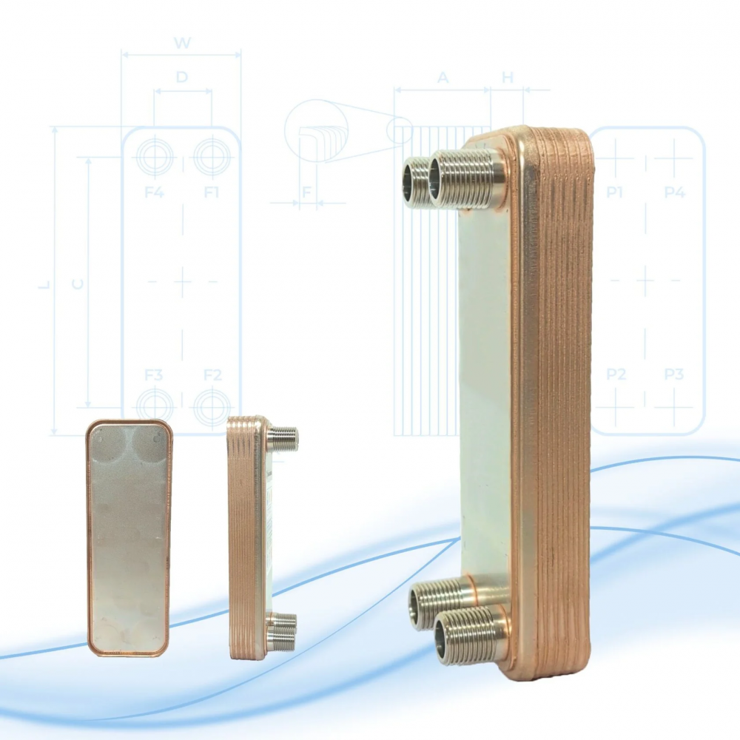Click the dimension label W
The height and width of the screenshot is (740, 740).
[x=182, y=43]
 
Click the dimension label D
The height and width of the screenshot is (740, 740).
[x=182, y=77]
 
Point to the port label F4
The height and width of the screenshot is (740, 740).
[x=154, y=192]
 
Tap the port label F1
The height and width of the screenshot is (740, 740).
[x=212, y=192]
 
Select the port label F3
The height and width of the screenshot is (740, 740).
[x=153, y=375]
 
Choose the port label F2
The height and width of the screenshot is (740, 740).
[x=212, y=375]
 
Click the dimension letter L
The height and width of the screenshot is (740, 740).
[x=44, y=285]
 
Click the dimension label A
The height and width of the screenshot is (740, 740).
[x=443, y=78]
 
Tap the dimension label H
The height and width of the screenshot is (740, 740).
[x=508, y=78]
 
